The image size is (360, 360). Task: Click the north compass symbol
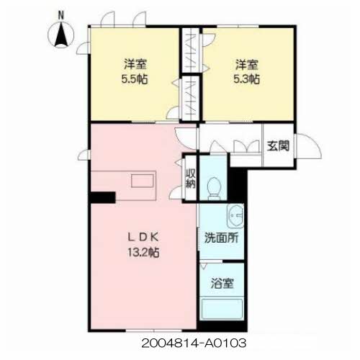click(61, 35)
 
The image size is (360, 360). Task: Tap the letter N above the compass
click(61, 16)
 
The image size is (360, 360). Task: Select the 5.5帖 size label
click(135, 79)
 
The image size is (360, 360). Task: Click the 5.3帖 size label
click(246, 79)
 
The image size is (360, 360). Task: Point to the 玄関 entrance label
click(278, 145)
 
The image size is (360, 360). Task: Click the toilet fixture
click(214, 189)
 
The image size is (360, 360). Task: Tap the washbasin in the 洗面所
click(235, 216)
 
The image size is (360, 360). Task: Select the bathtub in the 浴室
click(222, 309)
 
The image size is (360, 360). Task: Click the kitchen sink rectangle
click(143, 181)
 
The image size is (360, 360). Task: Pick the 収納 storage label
click(191, 179)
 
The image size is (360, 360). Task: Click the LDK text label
click(143, 238)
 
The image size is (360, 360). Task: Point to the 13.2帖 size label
click(143, 252)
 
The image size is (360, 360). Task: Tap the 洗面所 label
click(221, 238)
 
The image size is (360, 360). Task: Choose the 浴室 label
click(222, 284)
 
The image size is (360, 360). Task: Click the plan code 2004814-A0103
click(194, 343)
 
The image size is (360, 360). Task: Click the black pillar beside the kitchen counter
click(103, 197)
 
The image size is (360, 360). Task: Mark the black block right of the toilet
click(236, 184)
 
